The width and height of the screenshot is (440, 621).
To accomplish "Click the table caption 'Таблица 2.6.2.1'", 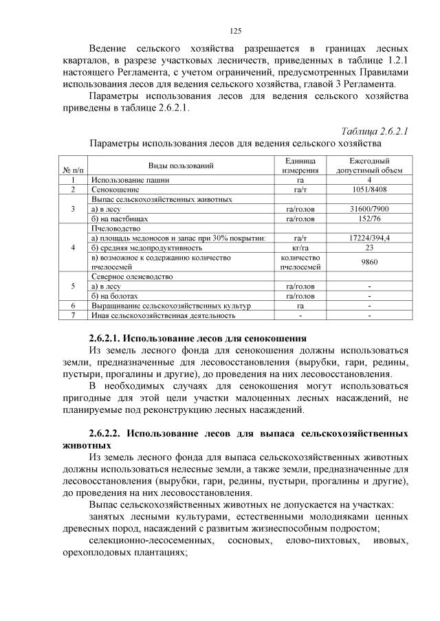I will pos(375,131).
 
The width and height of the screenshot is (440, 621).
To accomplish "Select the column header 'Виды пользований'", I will pos(181,166).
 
